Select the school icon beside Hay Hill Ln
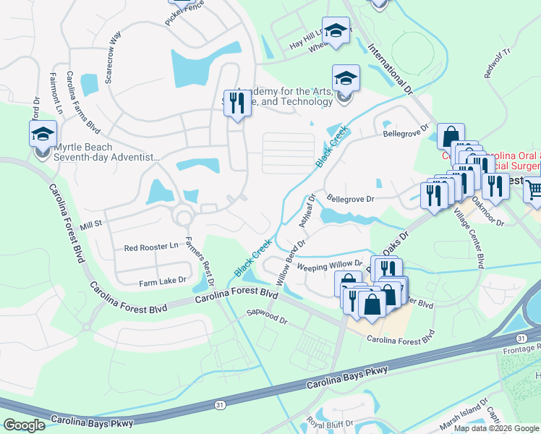tap(335, 31)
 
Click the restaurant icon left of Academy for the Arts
tap(235, 103)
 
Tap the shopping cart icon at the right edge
tap(534, 190)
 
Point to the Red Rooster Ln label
tap(151, 247)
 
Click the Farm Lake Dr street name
tap(163, 279)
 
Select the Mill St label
tap(92, 226)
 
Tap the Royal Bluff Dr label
tap(329, 422)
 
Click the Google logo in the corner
tap(24, 425)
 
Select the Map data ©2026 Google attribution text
tap(496, 428)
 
